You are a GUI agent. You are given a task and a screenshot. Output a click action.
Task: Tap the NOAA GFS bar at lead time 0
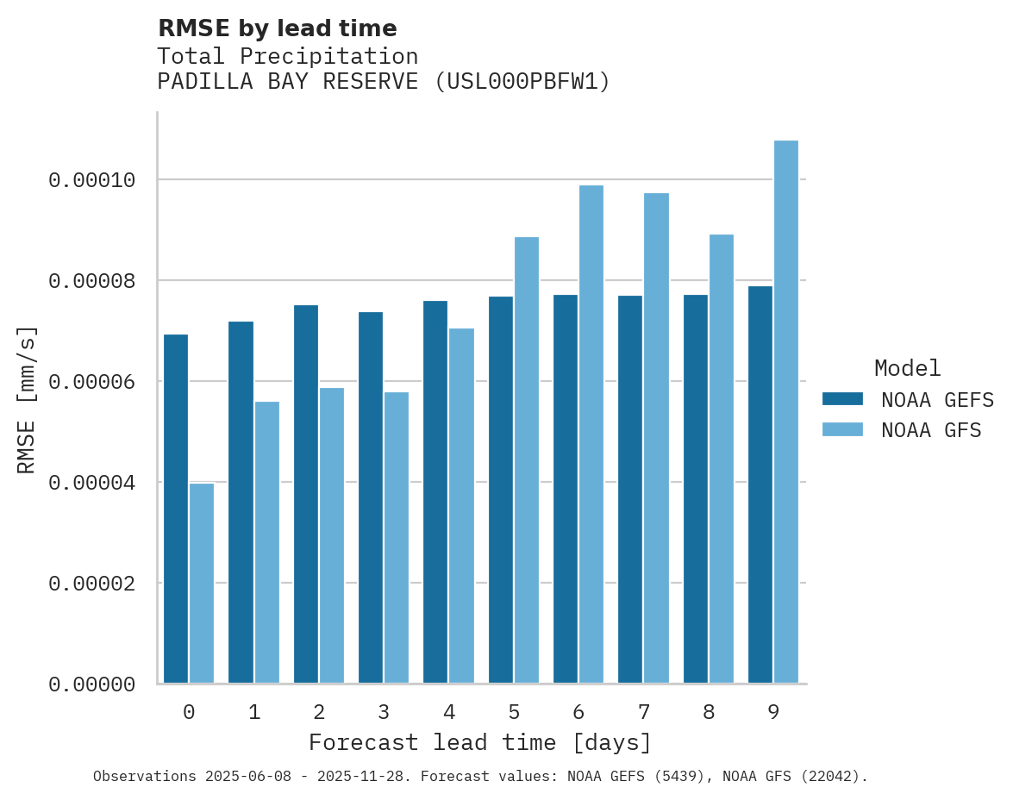(202, 584)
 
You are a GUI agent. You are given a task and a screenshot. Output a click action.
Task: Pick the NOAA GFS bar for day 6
(591, 434)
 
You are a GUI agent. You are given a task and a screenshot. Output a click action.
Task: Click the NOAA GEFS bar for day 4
(435, 492)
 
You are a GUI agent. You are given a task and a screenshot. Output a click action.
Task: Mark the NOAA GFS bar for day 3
(397, 538)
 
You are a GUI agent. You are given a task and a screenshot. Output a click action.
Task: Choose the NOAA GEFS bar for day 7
(630, 490)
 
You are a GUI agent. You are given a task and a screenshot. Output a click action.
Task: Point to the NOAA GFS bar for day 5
(526, 460)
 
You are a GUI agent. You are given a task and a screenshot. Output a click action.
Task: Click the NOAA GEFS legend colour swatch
(843, 399)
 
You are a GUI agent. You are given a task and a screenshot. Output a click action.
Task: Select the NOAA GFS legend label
(931, 430)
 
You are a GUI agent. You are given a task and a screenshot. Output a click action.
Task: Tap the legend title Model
(907, 368)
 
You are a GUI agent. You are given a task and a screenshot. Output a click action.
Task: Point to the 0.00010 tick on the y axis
(92, 180)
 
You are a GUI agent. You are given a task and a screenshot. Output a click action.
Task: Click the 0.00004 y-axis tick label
(92, 483)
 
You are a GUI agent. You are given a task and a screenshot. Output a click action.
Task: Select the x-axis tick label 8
(709, 713)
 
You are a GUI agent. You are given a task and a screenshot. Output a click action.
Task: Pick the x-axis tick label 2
(319, 713)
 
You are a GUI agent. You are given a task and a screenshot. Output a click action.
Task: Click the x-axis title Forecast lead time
(480, 743)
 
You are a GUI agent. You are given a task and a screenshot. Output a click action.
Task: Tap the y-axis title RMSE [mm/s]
(27, 399)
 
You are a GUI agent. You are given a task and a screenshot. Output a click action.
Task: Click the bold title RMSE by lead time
(278, 28)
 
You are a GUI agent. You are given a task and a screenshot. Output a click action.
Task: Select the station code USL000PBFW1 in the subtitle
(522, 82)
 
